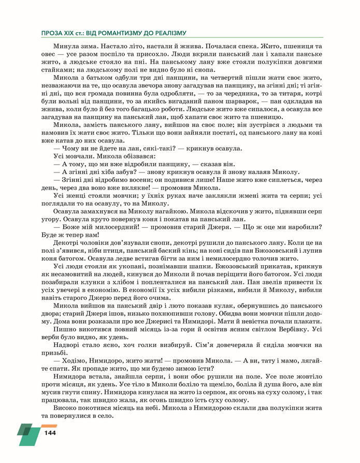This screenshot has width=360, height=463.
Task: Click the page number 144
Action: pos(50,432)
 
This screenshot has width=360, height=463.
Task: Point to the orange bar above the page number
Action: pos(49,425)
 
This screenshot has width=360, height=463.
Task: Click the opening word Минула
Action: pos(66,46)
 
